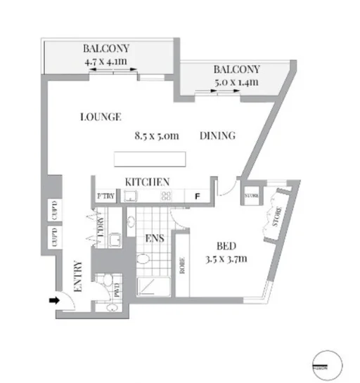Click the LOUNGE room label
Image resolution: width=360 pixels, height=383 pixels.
[102, 117]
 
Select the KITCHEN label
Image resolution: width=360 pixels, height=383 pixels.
[147, 182]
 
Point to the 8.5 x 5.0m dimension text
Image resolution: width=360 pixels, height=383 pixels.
[159, 136]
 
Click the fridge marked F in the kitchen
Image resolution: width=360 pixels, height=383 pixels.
[198, 197]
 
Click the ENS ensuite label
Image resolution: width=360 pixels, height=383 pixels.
[154, 239]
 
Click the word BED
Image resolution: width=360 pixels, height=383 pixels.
[225, 247]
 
